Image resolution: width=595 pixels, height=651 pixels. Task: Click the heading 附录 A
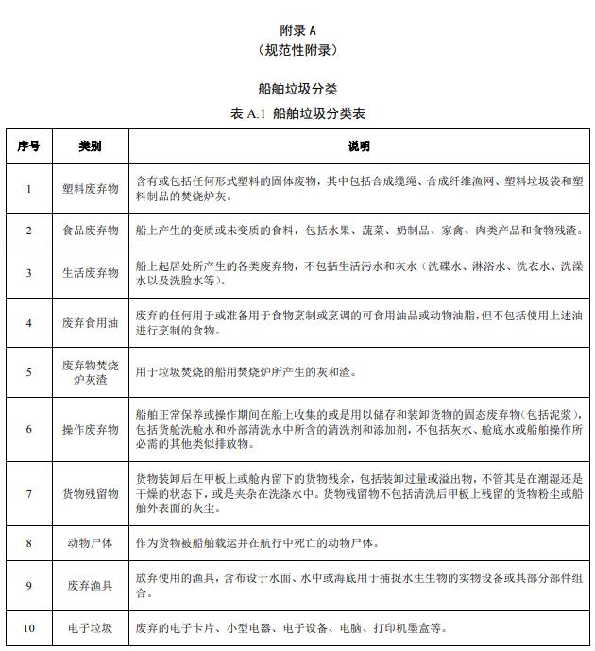click(297, 29)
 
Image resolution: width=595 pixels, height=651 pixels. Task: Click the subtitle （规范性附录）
click(297, 49)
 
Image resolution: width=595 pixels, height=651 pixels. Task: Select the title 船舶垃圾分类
click(297, 89)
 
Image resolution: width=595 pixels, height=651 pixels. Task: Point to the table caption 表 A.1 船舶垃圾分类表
click(297, 113)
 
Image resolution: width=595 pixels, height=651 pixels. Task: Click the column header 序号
click(28, 146)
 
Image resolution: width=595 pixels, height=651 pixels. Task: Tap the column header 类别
click(91, 146)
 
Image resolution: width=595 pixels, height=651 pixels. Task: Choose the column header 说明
click(358, 146)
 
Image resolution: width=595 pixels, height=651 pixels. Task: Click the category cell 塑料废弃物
click(91, 189)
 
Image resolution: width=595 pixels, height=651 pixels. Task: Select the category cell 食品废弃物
click(91, 230)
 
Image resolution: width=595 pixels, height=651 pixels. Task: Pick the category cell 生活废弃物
click(91, 273)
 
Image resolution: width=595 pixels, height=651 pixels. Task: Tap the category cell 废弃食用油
click(91, 322)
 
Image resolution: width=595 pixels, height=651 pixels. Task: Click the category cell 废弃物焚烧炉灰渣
click(91, 371)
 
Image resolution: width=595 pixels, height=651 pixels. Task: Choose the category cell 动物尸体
click(91, 543)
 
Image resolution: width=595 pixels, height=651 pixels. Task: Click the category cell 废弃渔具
click(91, 586)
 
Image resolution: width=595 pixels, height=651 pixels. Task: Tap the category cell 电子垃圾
click(91, 628)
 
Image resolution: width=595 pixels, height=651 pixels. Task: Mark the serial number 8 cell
click(28, 543)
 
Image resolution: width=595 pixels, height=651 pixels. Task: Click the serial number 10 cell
click(28, 628)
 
